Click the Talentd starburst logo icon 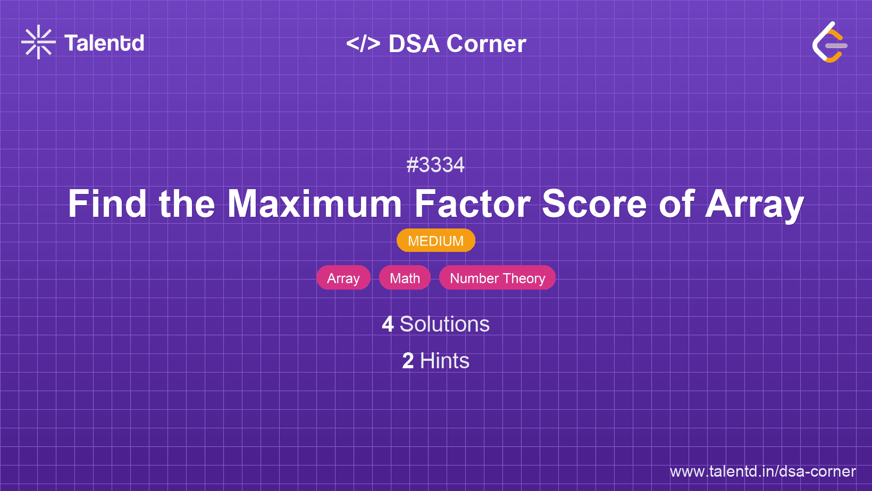pos(38,42)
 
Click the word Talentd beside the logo pos(104,43)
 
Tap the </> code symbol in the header pos(363,44)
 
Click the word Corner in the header pos(487,44)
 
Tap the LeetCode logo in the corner pos(829,43)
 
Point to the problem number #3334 pos(435,165)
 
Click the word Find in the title pos(107,204)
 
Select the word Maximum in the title pos(315,204)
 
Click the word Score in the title pos(594,204)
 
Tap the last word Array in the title pos(754,205)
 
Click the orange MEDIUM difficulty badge pos(435,241)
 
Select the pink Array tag pos(343,278)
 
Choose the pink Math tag pos(405,278)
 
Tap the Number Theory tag pos(497,278)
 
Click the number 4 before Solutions pos(388,324)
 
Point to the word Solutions pos(445,324)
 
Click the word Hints pos(445,361)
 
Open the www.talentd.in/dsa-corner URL pos(762,471)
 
